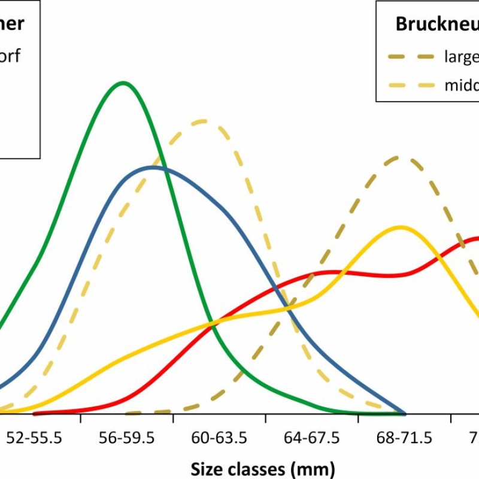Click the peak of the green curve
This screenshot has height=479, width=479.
coord(123,83)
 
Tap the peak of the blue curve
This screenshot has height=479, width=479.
coord(153,167)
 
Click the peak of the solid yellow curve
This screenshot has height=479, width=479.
coord(401,227)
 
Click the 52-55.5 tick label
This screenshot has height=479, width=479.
coord(34,438)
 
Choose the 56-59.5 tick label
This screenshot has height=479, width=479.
coord(126,438)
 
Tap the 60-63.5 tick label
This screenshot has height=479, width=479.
coord(219,438)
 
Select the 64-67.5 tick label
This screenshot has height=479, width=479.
coord(311,438)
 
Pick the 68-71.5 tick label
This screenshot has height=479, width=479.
coord(404,438)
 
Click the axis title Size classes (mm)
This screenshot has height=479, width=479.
coord(262,468)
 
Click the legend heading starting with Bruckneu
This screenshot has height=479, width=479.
coord(436,25)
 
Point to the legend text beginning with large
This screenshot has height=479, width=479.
coord(461,57)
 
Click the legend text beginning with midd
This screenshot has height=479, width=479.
coord(461,85)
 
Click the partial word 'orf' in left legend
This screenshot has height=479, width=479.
coord(10,57)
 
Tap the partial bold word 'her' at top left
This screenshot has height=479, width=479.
coord(11,24)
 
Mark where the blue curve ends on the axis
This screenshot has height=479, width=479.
coord(405,413)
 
